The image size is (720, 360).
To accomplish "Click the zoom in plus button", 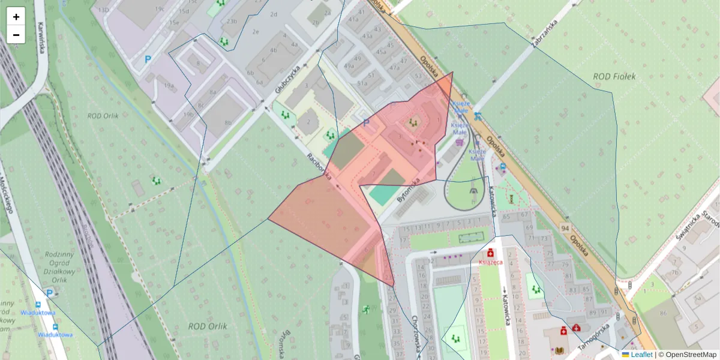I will click(16, 17).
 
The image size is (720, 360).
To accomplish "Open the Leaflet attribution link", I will click(641, 355).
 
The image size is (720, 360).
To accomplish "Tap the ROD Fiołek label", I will click(614, 76).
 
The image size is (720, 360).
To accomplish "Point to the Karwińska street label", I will click(42, 38).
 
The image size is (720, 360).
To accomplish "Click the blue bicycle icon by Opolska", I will click(478, 116).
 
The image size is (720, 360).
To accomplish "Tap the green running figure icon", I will click(366, 310).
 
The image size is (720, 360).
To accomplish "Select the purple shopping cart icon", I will click(460, 142).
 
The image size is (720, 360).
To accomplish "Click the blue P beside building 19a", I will click(148, 59).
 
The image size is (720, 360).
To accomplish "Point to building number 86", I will click(664, 313).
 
